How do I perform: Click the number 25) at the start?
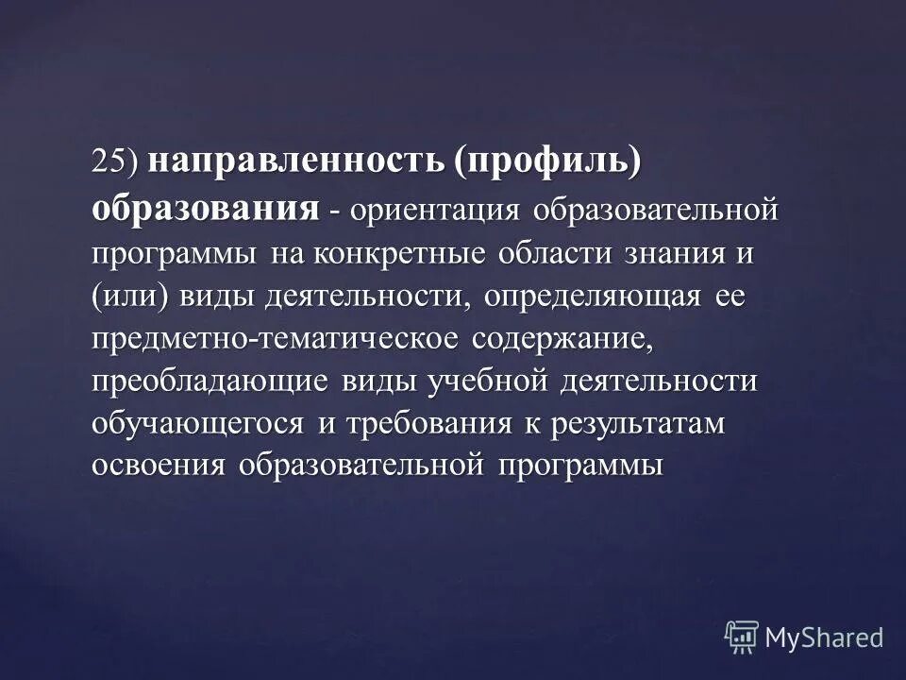(x=114, y=161)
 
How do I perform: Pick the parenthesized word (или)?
(x=130, y=297)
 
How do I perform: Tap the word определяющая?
(x=592, y=297)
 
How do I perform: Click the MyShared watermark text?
(x=823, y=637)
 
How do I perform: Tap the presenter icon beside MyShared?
(x=741, y=637)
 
